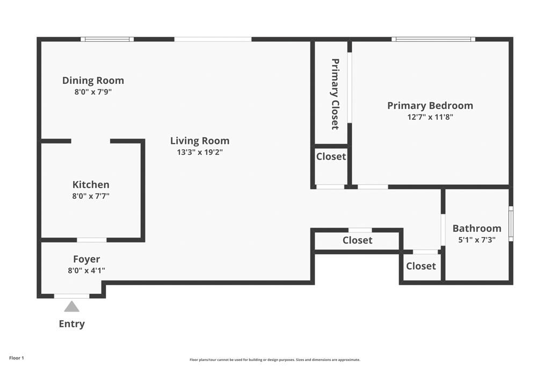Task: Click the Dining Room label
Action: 93,81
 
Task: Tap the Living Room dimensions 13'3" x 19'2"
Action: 200,152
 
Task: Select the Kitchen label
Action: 91,185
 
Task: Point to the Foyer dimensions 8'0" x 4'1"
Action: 86,271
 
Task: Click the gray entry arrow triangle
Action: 72,307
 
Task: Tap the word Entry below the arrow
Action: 72,324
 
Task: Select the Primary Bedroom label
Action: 430,106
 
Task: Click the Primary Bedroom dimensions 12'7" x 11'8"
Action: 430,117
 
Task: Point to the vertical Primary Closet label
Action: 335,94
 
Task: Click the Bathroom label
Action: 476,228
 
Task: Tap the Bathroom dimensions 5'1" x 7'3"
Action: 476,240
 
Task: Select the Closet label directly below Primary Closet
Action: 331,156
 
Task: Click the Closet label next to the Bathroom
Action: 421,266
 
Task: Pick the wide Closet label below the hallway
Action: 357,240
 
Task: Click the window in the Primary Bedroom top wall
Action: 433,39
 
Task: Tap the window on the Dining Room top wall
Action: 107,39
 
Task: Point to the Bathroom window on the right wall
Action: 511,224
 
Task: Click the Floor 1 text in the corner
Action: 17,358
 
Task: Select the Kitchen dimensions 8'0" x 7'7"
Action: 91,197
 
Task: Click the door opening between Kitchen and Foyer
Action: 91,240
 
